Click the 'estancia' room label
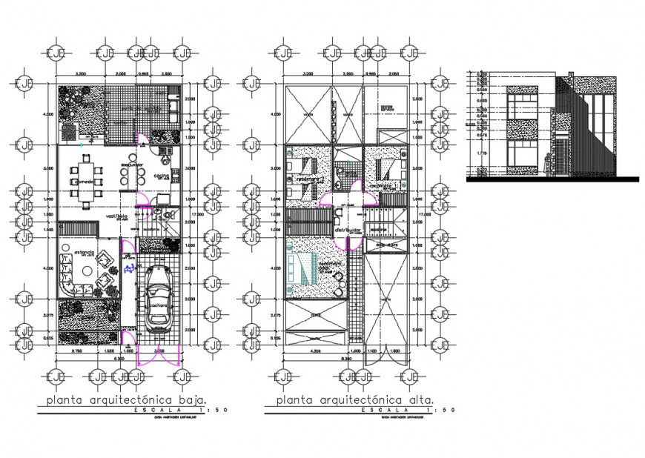tap(84, 253)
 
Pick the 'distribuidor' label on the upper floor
tap(347, 230)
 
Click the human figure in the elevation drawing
tap(547, 164)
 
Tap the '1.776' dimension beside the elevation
tap(482, 153)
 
